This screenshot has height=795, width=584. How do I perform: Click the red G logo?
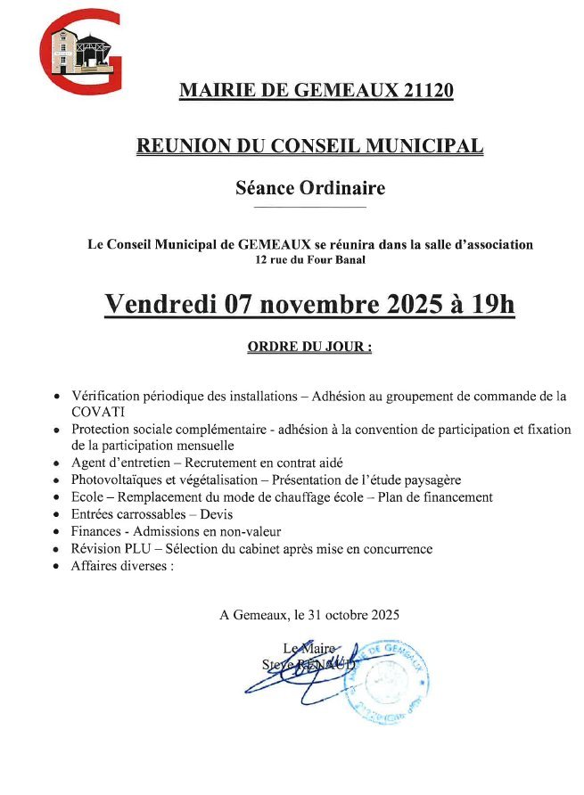point(80,51)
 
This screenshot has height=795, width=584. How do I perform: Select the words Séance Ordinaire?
point(309,188)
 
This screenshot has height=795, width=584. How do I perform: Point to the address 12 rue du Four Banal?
point(309,260)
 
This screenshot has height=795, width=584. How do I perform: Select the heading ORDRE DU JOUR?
point(308,347)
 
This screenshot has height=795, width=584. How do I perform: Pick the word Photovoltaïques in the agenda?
point(115,480)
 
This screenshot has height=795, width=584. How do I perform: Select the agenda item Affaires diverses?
point(121,566)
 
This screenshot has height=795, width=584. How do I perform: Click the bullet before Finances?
point(57,533)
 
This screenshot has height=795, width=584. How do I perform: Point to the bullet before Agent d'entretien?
point(57,463)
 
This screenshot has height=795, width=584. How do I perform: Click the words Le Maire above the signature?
point(301,648)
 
